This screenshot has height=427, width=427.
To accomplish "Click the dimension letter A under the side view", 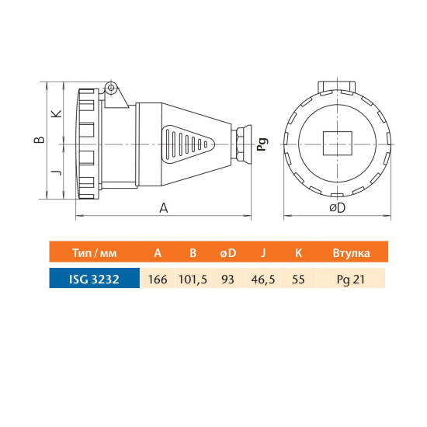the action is [x=164, y=208].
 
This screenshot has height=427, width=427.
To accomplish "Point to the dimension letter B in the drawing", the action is [x=40, y=140].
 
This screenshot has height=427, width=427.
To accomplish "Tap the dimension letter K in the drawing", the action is [x=57, y=114].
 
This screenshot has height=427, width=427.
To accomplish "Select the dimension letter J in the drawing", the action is [x=57, y=172].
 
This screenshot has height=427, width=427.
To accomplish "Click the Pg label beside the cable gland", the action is [x=262, y=144].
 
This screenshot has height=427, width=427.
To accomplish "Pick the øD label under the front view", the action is [x=337, y=208].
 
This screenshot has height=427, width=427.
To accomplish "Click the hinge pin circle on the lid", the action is [x=111, y=88].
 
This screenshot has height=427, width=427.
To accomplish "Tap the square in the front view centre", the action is [x=338, y=144].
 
